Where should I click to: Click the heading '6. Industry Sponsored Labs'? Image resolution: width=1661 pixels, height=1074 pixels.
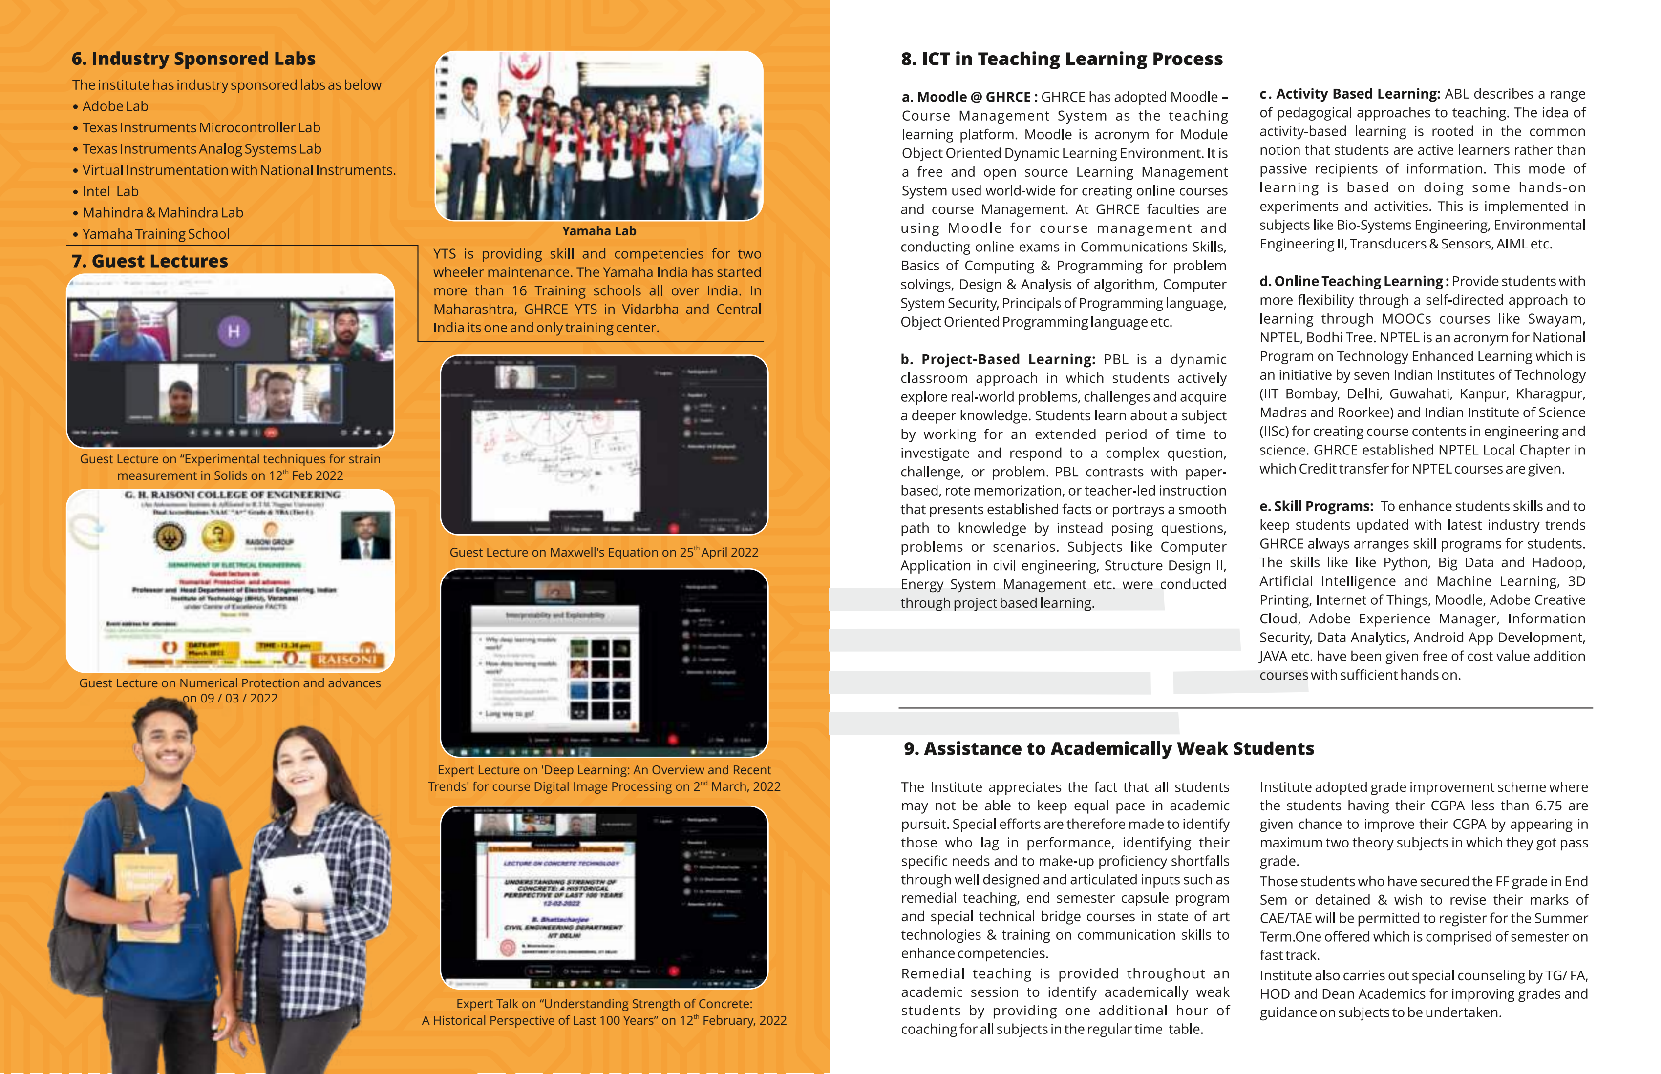tap(193, 59)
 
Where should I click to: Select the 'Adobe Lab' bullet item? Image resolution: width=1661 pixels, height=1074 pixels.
tap(115, 106)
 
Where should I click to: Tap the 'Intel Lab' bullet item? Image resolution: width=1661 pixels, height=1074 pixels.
tap(110, 191)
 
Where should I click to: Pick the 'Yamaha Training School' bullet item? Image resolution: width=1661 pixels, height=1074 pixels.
tap(156, 234)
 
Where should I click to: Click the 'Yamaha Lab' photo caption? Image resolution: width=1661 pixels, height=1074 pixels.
tap(599, 231)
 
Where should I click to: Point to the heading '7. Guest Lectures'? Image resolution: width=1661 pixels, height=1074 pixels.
tap(149, 261)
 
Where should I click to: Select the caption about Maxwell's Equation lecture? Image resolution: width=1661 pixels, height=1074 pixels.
tap(604, 552)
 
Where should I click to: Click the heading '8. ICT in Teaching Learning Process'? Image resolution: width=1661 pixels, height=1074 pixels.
tap(1062, 59)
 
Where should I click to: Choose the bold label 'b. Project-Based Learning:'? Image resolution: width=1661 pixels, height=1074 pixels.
tap(998, 359)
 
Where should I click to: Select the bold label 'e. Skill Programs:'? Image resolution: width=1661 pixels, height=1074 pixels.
tap(1316, 506)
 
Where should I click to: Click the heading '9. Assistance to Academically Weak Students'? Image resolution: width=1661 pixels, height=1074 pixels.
tap(1108, 748)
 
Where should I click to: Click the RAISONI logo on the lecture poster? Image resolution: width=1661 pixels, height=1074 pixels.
tap(347, 659)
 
